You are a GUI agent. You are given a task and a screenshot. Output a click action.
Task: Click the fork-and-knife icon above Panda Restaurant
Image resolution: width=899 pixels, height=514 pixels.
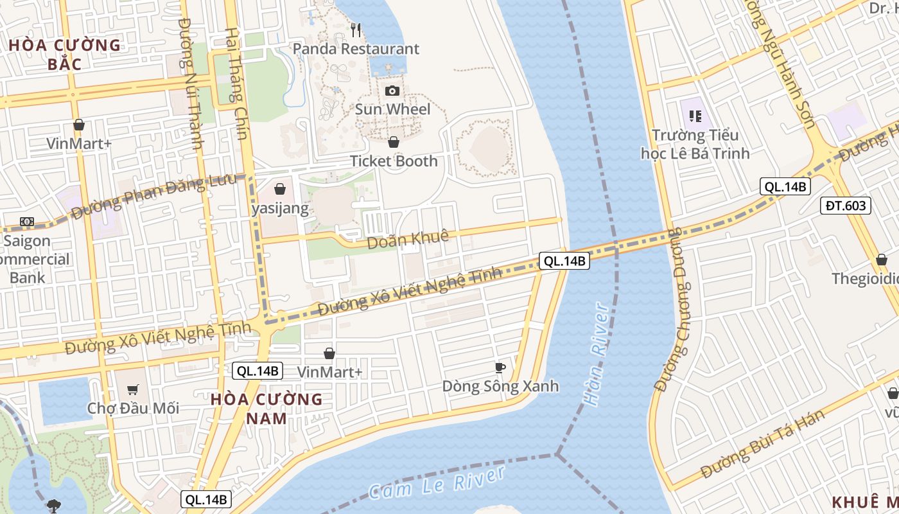[356, 30]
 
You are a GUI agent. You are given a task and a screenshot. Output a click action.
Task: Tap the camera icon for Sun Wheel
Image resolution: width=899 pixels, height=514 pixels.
[392, 91]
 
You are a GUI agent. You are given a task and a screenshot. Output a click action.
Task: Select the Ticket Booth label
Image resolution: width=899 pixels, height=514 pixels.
[394, 161]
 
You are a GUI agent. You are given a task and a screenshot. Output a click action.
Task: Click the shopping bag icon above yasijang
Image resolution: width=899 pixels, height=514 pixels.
[280, 189]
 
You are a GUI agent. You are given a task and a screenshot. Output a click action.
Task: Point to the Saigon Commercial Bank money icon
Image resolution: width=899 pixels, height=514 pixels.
[26, 222]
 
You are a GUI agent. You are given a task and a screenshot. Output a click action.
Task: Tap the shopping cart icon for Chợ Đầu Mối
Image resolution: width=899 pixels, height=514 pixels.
[133, 389]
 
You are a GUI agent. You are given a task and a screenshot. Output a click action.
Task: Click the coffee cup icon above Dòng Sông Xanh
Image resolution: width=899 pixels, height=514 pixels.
[500, 368]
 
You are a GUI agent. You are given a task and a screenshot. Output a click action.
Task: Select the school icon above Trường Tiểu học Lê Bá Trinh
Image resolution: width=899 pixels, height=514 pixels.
[695, 116]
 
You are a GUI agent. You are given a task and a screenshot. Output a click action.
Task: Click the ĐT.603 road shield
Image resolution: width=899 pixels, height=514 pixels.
[846, 206]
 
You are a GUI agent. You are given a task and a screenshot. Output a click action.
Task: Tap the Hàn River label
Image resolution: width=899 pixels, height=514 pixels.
[595, 353]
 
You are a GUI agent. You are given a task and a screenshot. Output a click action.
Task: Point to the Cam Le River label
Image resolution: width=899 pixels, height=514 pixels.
[437, 483]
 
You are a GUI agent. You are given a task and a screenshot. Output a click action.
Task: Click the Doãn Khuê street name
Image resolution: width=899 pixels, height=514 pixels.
[407, 240]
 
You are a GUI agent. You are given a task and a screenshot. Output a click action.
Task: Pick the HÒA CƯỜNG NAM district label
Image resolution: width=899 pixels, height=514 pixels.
[266, 409]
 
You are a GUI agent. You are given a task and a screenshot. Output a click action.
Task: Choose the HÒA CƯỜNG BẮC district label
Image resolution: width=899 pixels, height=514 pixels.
[65, 54]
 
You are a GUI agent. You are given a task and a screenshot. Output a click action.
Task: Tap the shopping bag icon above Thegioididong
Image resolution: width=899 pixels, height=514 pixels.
[882, 260]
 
